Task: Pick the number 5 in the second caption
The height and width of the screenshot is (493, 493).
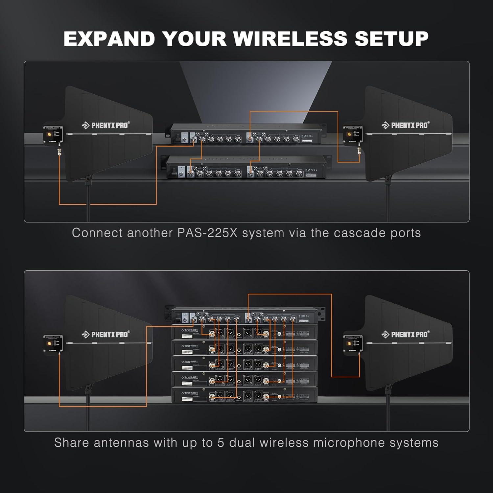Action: (221, 443)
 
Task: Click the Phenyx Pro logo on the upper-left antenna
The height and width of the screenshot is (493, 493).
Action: (106, 125)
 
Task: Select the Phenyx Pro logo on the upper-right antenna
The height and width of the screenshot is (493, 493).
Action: (405, 125)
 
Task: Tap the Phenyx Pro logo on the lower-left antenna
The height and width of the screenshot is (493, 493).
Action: (106, 335)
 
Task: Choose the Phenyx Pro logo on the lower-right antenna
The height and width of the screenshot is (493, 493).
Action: (405, 335)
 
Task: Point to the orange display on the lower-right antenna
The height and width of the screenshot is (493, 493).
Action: (349, 343)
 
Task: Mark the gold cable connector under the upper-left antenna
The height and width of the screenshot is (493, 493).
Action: (59, 152)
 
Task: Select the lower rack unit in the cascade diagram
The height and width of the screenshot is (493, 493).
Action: (246, 168)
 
